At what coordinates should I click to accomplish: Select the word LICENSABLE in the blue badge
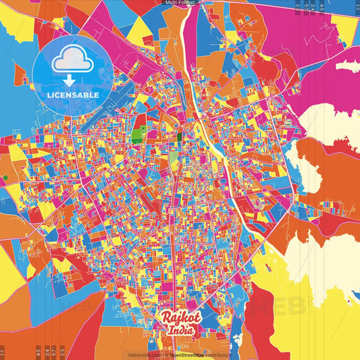pyautogui.click(x=73, y=95)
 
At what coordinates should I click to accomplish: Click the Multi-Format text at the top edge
pyautogui.click(x=180, y=3)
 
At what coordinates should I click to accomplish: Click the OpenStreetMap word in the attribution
pyautogui.click(x=186, y=355)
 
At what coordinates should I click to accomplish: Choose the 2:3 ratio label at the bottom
pyautogui.click(x=63, y=353)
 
